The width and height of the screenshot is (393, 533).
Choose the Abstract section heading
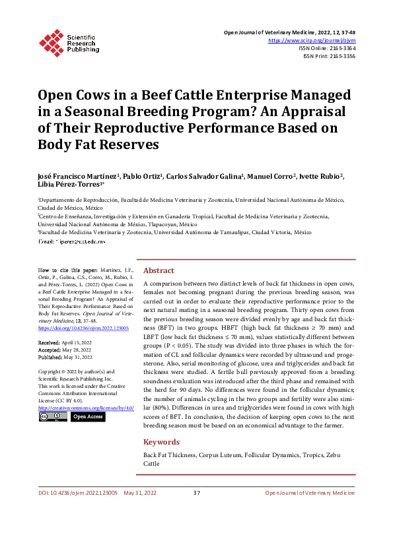(x=159, y=270)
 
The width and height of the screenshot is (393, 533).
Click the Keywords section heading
(x=162, y=442)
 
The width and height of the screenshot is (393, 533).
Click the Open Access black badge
(x=87, y=417)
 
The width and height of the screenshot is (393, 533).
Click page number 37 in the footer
(x=196, y=511)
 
